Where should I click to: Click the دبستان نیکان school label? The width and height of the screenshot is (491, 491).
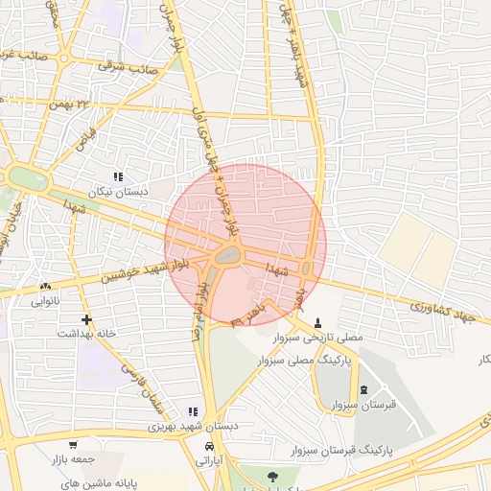pyautogui.click(x=119, y=192)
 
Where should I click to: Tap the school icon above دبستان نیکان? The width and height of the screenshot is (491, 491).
pyautogui.click(x=119, y=177)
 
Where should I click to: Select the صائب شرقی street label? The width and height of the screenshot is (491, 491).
pyautogui.click(x=130, y=66)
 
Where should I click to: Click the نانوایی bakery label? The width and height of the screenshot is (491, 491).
pyautogui.click(x=46, y=301)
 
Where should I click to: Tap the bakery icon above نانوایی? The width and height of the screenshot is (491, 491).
pyautogui.click(x=45, y=287)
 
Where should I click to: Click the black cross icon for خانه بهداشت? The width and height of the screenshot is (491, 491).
pyautogui.click(x=87, y=319)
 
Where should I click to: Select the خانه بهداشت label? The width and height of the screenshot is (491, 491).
pyautogui.click(x=86, y=334)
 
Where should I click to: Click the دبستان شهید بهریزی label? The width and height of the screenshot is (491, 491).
pyautogui.click(x=193, y=426)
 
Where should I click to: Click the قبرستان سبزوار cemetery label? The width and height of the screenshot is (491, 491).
pyautogui.click(x=363, y=405)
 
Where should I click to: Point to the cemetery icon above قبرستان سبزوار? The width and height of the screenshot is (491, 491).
pyautogui.click(x=363, y=389)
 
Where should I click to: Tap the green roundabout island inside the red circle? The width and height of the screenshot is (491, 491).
pyautogui.click(x=227, y=255)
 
